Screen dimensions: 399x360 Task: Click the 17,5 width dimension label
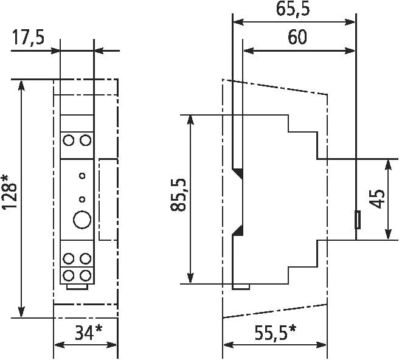click(28, 37)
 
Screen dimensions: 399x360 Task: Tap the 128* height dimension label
click(10, 192)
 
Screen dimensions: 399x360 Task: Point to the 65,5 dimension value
click(293, 9)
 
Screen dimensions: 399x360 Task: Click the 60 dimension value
click(297, 37)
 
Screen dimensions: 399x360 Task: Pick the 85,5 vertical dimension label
click(178, 195)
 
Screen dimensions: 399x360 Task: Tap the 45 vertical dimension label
click(377, 199)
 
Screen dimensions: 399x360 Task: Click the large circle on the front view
click(82, 220)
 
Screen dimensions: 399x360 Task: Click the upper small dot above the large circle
click(82, 176)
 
